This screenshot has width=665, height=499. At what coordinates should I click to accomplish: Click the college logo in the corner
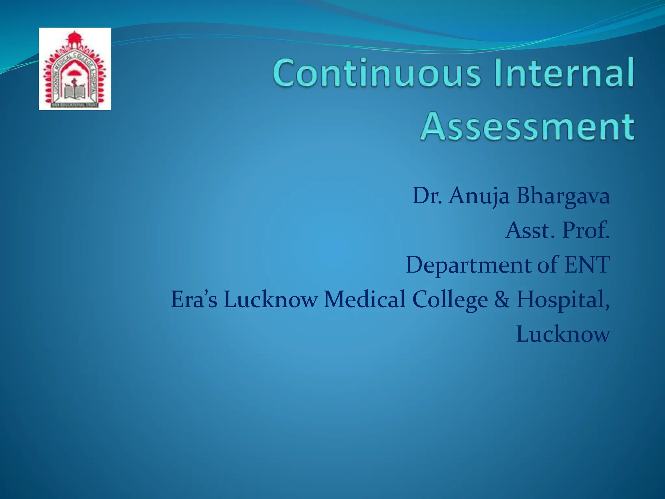click(x=75, y=69)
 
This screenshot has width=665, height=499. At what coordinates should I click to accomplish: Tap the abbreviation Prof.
click(x=586, y=230)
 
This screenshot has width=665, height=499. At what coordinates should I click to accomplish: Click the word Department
click(x=468, y=265)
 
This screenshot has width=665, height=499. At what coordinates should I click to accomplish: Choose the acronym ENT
click(x=587, y=264)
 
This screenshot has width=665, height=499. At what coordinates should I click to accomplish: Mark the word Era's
click(x=194, y=299)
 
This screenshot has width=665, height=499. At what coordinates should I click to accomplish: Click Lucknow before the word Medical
click(x=270, y=299)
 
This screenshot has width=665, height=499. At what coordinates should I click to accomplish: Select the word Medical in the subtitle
click(x=364, y=299)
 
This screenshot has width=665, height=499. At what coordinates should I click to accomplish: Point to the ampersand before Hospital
click(x=502, y=299)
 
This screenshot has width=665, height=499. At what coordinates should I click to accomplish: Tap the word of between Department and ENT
click(x=547, y=264)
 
